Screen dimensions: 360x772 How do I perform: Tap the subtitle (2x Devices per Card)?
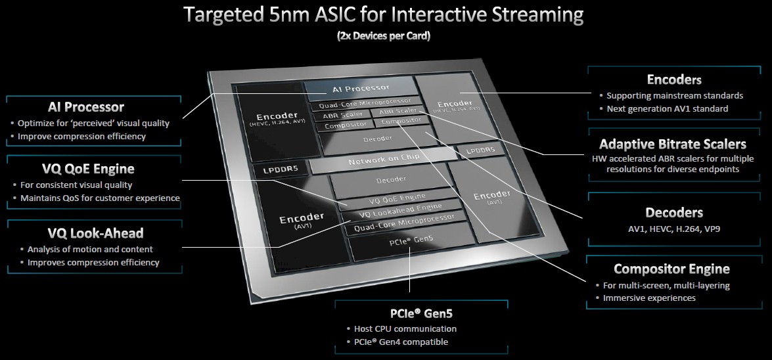pyautogui.click(x=384, y=36)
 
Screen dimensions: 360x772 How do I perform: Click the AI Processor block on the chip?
pyautogui.click(x=360, y=87)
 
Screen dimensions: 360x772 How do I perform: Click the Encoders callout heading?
pyautogui.click(x=674, y=79)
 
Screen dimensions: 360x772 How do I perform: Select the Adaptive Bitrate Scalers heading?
pyautogui.click(x=673, y=144)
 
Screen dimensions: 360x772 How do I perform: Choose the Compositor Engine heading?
pyautogui.click(x=671, y=269)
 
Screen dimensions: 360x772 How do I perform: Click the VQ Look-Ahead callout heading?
pyautogui.click(x=95, y=233)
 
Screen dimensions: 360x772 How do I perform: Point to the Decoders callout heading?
pyautogui.click(x=674, y=212)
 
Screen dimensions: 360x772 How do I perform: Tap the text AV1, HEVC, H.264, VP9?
pyautogui.click(x=674, y=229)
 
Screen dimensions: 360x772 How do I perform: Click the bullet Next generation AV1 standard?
pyautogui.click(x=667, y=108)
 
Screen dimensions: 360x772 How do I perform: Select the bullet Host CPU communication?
pyautogui.click(x=401, y=328)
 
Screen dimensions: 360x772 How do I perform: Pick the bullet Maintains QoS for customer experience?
pyautogui.click(x=100, y=198)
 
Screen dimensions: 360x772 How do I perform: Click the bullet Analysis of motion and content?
pyautogui.click(x=90, y=249)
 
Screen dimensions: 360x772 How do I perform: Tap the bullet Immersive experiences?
pyautogui.click(x=649, y=298)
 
